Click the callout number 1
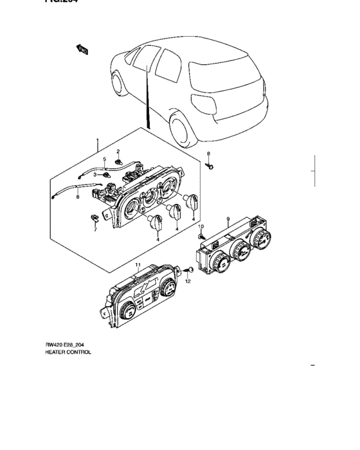[x=97, y=140]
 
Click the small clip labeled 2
[x=119, y=161]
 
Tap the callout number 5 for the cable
[x=104, y=159]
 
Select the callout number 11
[x=137, y=265]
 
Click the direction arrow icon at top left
[x=82, y=48]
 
